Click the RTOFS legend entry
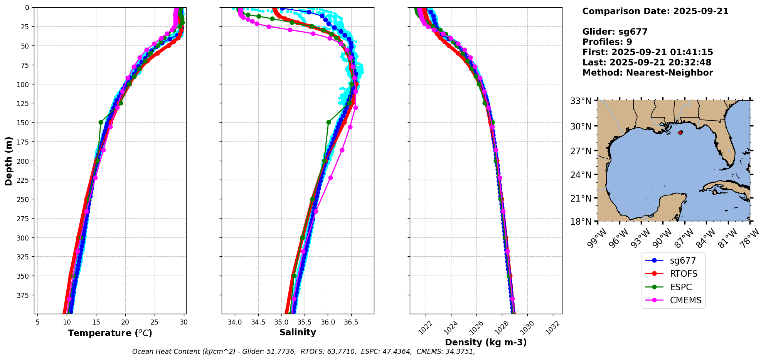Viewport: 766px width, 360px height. [x=684, y=274]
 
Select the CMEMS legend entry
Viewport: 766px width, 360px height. [x=685, y=301]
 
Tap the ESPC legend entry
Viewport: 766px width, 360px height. [x=681, y=288]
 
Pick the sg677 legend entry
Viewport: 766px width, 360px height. [x=682, y=261]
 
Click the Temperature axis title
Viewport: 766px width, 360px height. [x=110, y=333]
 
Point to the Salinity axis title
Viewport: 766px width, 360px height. [x=298, y=332]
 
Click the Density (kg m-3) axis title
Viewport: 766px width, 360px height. [x=486, y=342]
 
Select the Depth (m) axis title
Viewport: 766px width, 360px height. [x=8, y=161]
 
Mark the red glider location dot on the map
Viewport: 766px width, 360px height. [x=680, y=133]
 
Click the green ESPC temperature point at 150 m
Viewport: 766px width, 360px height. [x=101, y=123]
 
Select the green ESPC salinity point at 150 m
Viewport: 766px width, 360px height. [x=328, y=123]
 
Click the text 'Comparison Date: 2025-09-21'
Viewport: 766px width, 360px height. [x=655, y=11]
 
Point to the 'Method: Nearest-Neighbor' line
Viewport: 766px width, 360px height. [x=648, y=73]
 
